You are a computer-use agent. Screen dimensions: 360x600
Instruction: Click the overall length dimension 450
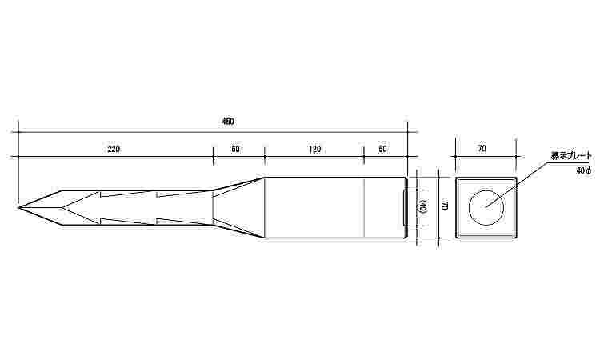coord(228,122)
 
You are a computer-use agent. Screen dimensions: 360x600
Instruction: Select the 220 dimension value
coord(113,149)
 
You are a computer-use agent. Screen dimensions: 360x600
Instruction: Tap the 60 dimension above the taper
coord(235,149)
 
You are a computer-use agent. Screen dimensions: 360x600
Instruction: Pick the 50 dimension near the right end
coord(382,149)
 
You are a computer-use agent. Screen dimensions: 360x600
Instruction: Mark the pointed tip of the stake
coord(19,208)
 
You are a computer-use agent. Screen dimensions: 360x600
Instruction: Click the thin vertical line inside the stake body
coord(364,208)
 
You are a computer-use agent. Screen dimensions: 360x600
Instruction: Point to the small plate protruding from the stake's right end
coord(404,208)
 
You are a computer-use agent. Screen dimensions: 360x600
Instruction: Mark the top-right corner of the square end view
coord(515,178)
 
